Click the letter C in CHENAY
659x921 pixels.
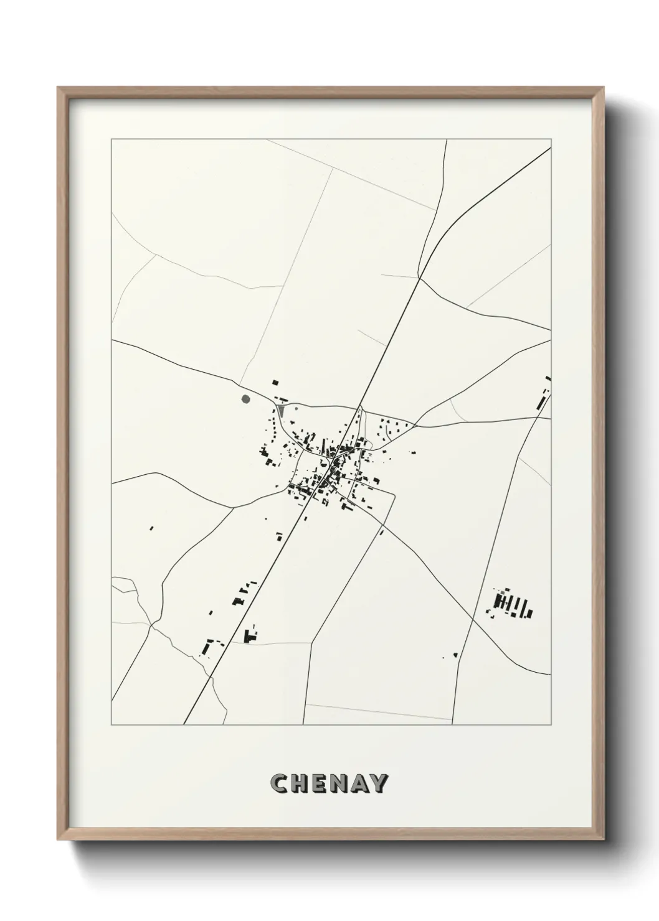coord(278,783)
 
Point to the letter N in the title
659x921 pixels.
coord(340,783)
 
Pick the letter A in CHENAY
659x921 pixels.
coord(360,783)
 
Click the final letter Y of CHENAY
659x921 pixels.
coord(379,783)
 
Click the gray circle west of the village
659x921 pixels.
coord(245,399)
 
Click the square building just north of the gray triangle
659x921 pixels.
coord(274,383)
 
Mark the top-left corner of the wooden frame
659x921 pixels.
coord(58,88)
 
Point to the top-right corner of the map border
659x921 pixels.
coord(551,140)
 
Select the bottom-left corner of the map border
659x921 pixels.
coord(111,724)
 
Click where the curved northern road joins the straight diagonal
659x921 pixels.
coord(419,278)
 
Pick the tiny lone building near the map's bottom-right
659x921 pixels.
coord(455,654)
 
